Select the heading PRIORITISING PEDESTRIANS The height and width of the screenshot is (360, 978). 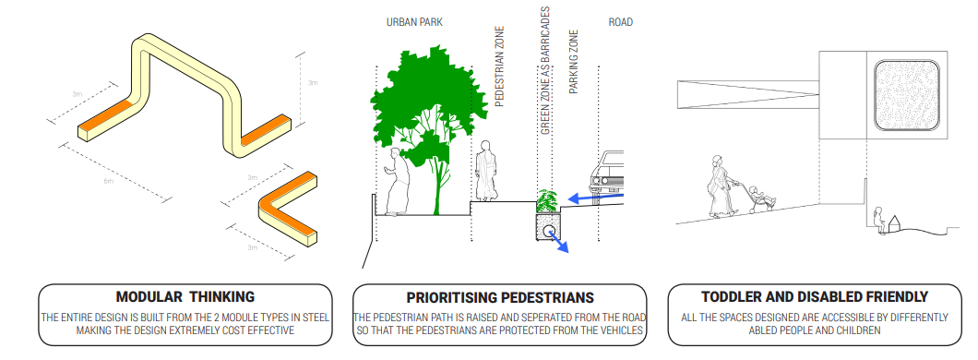pos(500,297)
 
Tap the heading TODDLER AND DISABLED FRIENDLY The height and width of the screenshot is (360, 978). pos(816,297)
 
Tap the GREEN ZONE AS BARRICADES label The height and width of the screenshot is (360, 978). pos(545,71)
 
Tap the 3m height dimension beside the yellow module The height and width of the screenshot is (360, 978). pos(312,83)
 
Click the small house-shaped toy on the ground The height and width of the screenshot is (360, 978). pos(894,223)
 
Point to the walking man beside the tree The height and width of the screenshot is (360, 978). pos(398,181)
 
